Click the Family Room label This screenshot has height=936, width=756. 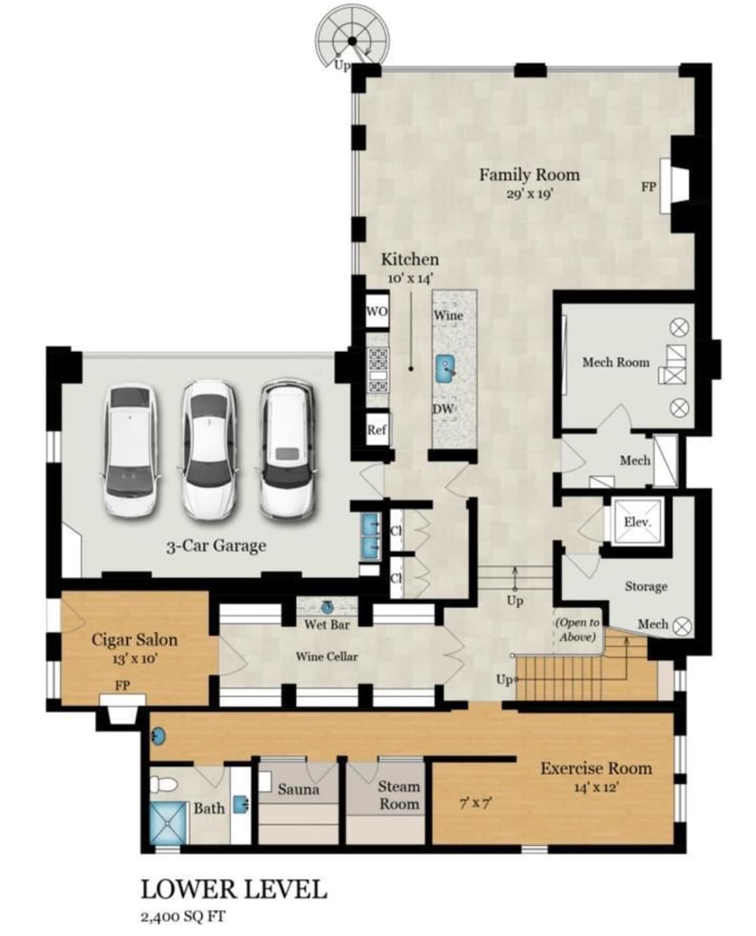529,175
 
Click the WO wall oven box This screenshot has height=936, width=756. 377,311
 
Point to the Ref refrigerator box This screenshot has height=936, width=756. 377,429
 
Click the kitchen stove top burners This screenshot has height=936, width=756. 378,369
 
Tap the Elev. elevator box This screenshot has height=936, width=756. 637,521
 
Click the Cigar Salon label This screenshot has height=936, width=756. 135,639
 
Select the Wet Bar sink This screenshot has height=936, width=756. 327,608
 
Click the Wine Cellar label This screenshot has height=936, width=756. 327,657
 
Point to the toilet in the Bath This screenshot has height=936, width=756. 163,783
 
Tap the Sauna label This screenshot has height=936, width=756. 298,789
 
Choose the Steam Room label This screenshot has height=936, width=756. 399,795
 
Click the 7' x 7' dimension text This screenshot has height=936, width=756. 475,804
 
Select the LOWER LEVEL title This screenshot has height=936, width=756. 234,889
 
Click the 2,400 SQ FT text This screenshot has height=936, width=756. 183,917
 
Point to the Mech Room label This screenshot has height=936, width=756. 616,362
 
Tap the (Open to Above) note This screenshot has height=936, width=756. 577,629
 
